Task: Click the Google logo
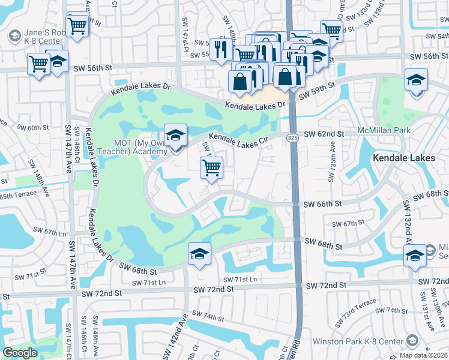20,353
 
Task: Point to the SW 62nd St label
324,133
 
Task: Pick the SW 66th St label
322,205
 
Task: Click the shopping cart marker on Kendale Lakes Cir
211,168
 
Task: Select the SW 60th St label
32,128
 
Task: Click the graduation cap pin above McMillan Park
416,80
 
